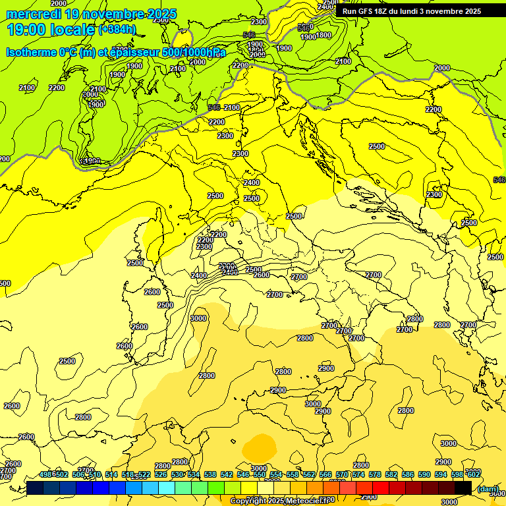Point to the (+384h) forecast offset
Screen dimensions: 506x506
pyautogui.click(x=117, y=30)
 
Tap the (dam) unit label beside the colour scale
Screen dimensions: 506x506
pyautogui.click(x=488, y=488)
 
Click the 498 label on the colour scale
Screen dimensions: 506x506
pyautogui.click(x=45, y=474)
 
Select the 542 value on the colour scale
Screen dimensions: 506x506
pyautogui.click(x=225, y=474)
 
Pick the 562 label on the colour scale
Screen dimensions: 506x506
pyautogui.click(x=309, y=474)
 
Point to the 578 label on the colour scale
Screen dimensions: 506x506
pyautogui.click(x=374, y=474)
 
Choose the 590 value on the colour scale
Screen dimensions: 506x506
pyautogui.click(x=424, y=474)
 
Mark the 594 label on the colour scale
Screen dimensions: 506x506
pyautogui.click(x=441, y=474)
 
